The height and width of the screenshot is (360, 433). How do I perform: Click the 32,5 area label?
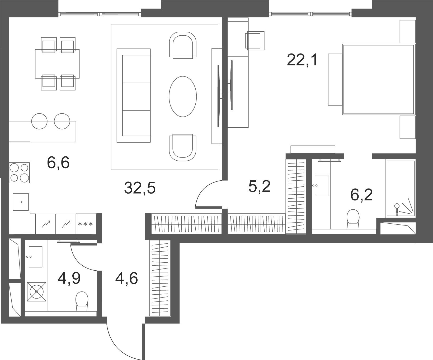[140, 188]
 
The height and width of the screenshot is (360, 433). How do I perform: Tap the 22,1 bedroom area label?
[302, 61]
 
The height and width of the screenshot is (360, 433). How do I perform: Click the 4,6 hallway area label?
[126, 279]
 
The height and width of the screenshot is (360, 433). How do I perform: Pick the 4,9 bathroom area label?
[69, 279]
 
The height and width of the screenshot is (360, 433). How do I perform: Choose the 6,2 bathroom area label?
[361, 195]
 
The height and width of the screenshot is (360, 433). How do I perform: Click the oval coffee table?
[183, 96]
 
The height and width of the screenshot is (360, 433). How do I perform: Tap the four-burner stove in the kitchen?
[19, 172]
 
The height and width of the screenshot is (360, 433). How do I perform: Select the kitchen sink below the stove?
[21, 202]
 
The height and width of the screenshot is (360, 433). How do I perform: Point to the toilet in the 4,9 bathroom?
[82, 301]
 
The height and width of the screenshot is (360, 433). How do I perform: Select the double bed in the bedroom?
[379, 79]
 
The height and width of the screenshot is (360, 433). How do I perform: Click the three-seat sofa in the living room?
[134, 95]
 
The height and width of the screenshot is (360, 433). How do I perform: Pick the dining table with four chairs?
[57, 64]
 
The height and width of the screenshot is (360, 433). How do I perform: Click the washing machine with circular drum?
[36, 292]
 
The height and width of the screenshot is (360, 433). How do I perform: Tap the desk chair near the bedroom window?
[255, 40]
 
